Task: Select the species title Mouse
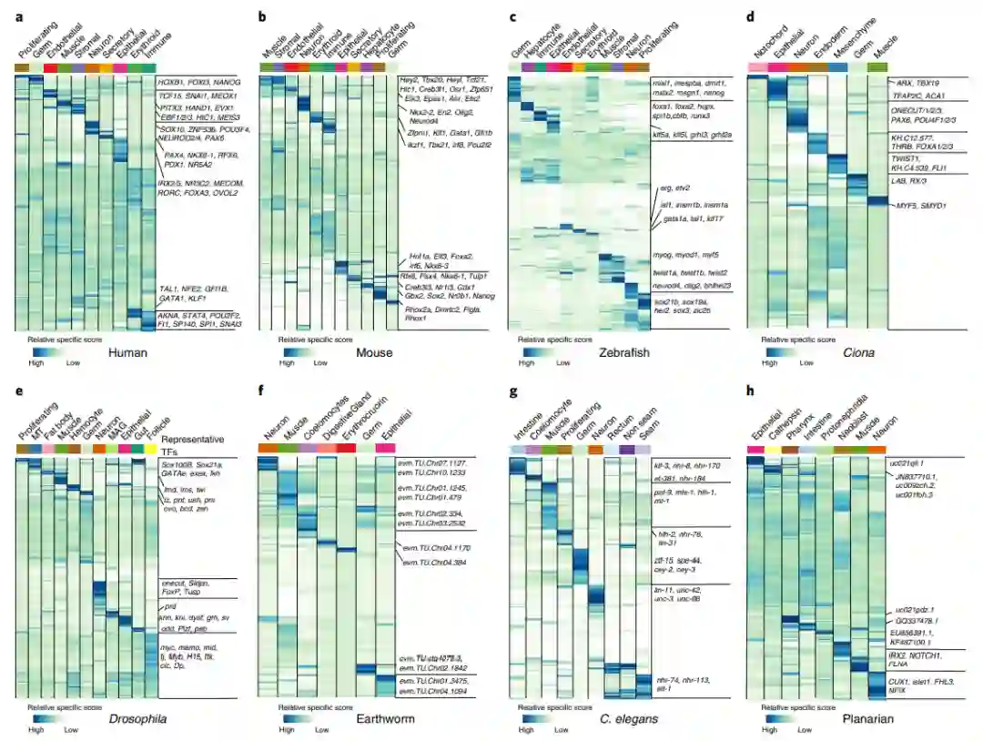click(x=374, y=352)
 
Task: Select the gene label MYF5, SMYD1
click(x=920, y=206)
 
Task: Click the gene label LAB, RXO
click(x=911, y=180)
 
